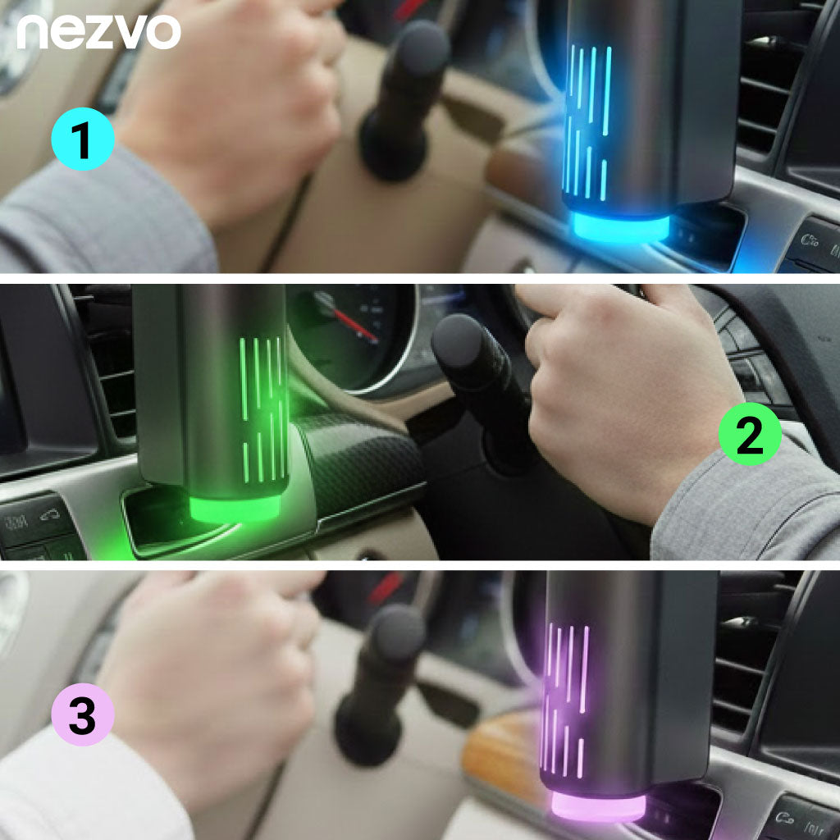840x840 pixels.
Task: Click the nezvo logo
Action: point(98,32)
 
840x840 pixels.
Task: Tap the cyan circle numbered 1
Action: point(82,142)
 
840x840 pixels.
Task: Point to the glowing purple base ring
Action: point(596,805)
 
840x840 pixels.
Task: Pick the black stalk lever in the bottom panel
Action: point(381,681)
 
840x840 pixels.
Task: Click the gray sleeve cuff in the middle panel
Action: point(738,509)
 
